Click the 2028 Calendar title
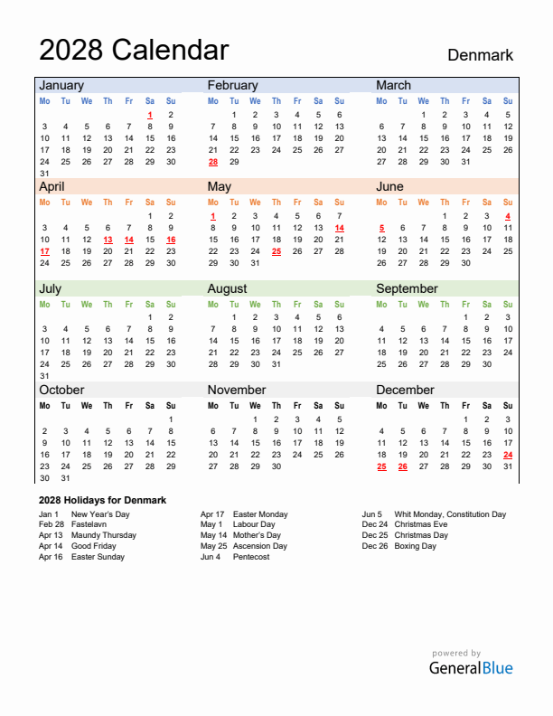coord(134,50)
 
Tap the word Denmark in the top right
coord(480,55)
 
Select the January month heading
coord(61,85)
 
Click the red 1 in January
coord(149,115)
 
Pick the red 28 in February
coord(212,162)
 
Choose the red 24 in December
coord(508,455)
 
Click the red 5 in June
coord(381,228)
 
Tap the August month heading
coord(227,288)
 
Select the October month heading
coord(61,390)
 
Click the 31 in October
coord(65,478)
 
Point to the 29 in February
coord(234,162)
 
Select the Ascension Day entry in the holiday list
coord(260,546)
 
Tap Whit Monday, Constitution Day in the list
coord(450,514)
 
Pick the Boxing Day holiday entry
coord(415,546)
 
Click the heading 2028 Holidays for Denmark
coord(102,500)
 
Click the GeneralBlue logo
coord(470,668)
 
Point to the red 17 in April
coord(44,251)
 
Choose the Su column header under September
coord(508,305)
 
